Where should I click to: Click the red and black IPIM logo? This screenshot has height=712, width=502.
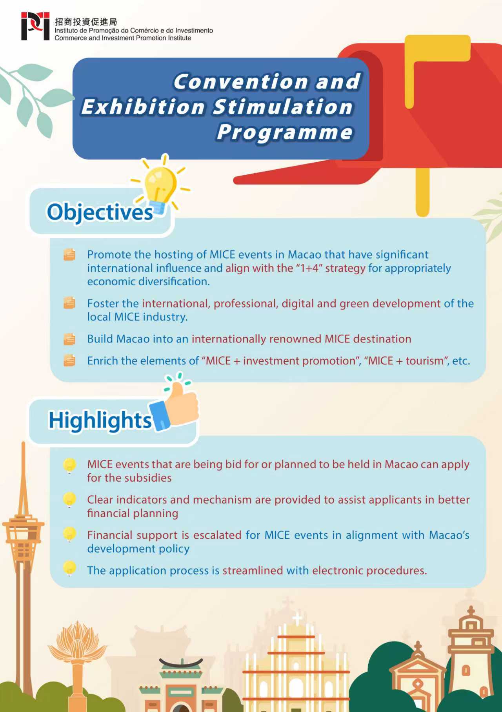pos(35,26)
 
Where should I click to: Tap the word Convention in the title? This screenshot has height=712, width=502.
pos(240,82)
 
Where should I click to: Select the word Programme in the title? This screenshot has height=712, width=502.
pos(284,132)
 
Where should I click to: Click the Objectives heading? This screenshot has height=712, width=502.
pos(100,212)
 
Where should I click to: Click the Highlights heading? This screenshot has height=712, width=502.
pos(100,420)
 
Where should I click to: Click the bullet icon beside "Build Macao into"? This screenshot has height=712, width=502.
pos(69,339)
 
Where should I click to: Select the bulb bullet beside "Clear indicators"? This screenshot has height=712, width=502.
pos(69,500)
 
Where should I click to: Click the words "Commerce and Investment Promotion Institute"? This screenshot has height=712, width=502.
pos(123,38)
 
